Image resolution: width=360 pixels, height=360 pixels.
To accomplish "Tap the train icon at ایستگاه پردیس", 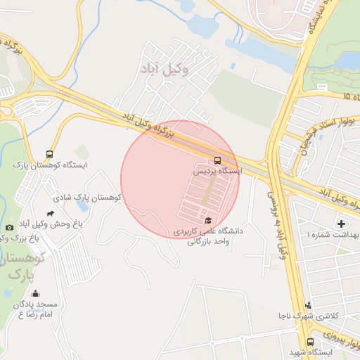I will (x=217, y=160).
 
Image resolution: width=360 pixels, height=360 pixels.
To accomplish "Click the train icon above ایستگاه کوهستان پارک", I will (x=49, y=154).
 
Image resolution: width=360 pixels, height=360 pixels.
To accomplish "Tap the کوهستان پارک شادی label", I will (x=88, y=198).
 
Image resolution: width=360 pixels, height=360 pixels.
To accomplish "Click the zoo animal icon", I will (x=49, y=213).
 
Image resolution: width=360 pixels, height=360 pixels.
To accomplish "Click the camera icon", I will (x=9, y=227).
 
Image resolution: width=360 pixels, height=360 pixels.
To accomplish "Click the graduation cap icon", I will (x=207, y=220).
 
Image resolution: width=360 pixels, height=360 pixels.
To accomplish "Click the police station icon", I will (x=308, y=306).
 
